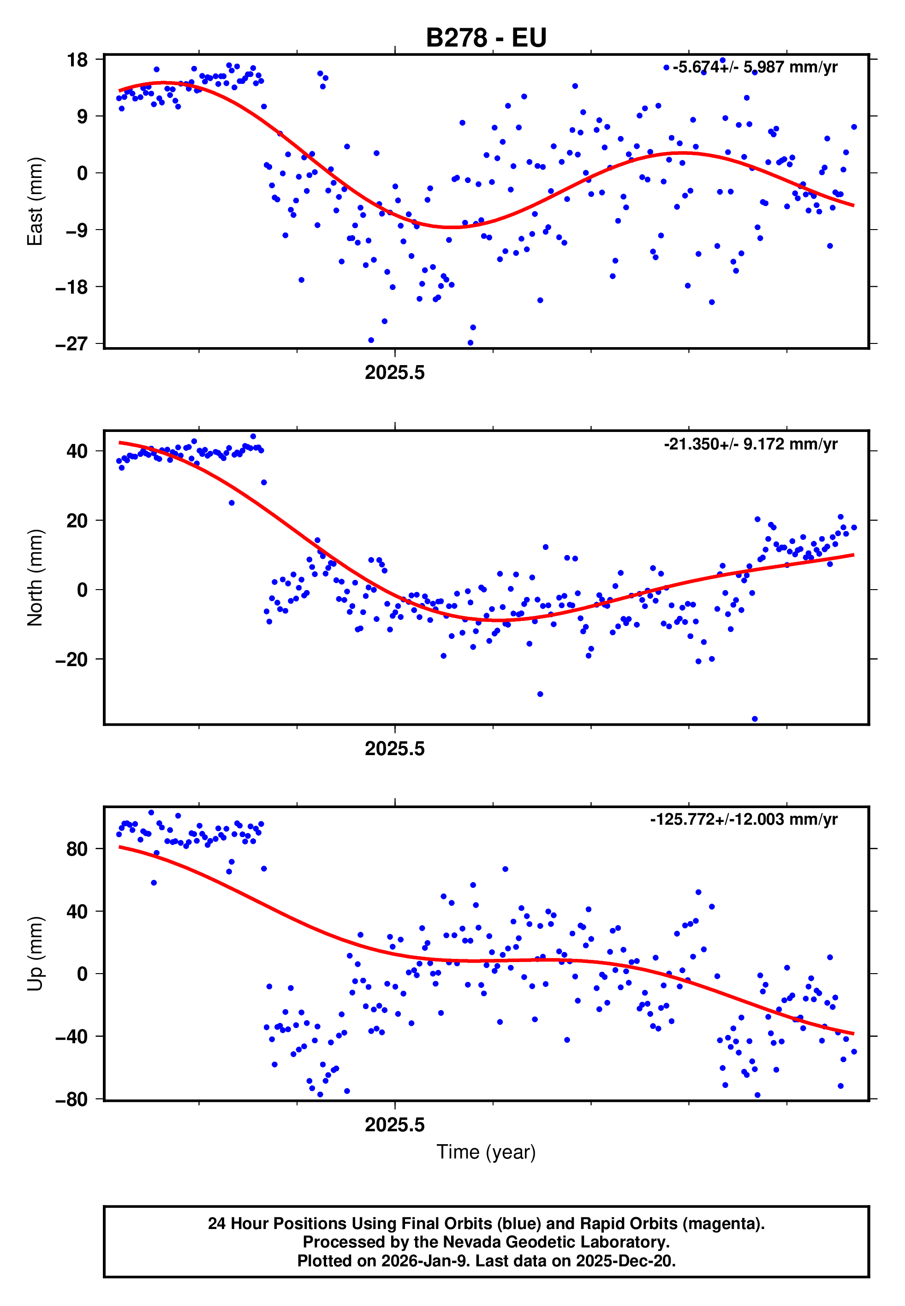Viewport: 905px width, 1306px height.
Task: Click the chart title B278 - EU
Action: coord(486,38)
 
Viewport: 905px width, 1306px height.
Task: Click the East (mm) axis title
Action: coord(35,202)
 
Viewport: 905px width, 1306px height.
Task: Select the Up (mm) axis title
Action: coord(35,954)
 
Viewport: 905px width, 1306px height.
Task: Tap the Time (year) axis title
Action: coord(486,1152)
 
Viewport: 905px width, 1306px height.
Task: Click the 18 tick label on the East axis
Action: coord(77,59)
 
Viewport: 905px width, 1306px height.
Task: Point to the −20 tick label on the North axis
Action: coord(71,660)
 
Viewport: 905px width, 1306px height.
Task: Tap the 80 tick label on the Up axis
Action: coord(77,849)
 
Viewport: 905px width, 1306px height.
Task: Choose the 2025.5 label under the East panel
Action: coord(395,373)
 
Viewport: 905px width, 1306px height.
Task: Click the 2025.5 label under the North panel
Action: coord(395,749)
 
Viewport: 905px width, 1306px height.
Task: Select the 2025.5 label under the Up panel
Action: coord(395,1125)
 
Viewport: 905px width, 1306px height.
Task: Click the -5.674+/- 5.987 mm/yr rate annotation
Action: coord(755,67)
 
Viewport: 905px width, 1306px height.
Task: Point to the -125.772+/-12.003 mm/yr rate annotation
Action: coord(744,819)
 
